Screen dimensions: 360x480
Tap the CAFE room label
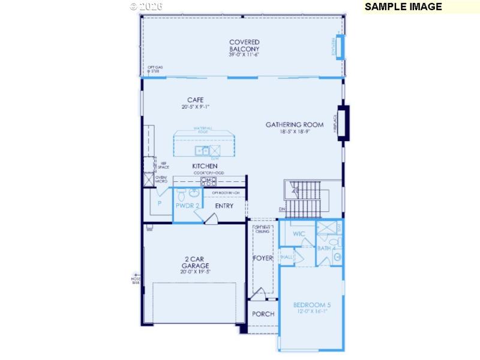(x=196, y=100)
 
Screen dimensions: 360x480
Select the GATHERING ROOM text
(x=295, y=125)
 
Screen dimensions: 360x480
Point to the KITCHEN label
(x=205, y=166)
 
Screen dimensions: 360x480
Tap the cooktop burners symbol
(x=208, y=181)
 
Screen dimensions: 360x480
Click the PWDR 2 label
(x=187, y=205)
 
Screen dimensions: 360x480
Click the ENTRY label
(x=224, y=206)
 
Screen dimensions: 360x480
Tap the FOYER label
(x=263, y=258)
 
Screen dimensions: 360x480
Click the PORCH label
(x=263, y=314)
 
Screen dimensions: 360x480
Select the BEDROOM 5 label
(x=312, y=305)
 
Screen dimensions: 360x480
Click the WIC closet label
(x=299, y=233)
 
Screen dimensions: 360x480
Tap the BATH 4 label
(x=326, y=248)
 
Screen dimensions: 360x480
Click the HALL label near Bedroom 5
(x=287, y=257)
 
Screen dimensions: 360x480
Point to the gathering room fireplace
(x=343, y=123)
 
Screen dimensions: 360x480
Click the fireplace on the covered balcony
(x=340, y=47)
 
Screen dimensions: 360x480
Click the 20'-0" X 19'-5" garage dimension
(x=196, y=271)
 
